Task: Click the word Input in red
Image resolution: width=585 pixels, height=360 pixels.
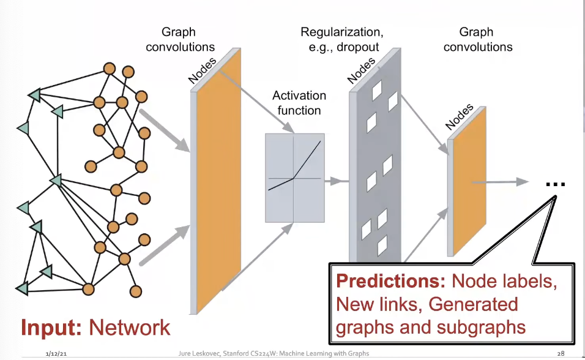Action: tap(51, 328)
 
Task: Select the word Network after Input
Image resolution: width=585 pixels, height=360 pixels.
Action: tap(130, 328)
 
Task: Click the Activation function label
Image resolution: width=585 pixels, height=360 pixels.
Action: tap(299, 103)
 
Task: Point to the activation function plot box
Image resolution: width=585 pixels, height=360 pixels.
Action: tap(294, 178)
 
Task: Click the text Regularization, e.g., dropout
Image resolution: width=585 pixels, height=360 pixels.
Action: tap(340, 39)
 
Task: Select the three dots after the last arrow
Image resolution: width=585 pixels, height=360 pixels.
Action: tap(555, 184)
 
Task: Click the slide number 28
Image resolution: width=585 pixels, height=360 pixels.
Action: tap(561, 354)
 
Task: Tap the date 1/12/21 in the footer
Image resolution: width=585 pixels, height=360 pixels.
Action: tap(56, 354)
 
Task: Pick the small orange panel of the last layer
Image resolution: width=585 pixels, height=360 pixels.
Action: tap(470, 182)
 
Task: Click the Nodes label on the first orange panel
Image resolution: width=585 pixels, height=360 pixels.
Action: tap(203, 69)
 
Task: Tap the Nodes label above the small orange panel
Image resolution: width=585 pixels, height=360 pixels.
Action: tap(460, 117)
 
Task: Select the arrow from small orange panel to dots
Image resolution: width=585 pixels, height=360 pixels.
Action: tap(507, 182)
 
